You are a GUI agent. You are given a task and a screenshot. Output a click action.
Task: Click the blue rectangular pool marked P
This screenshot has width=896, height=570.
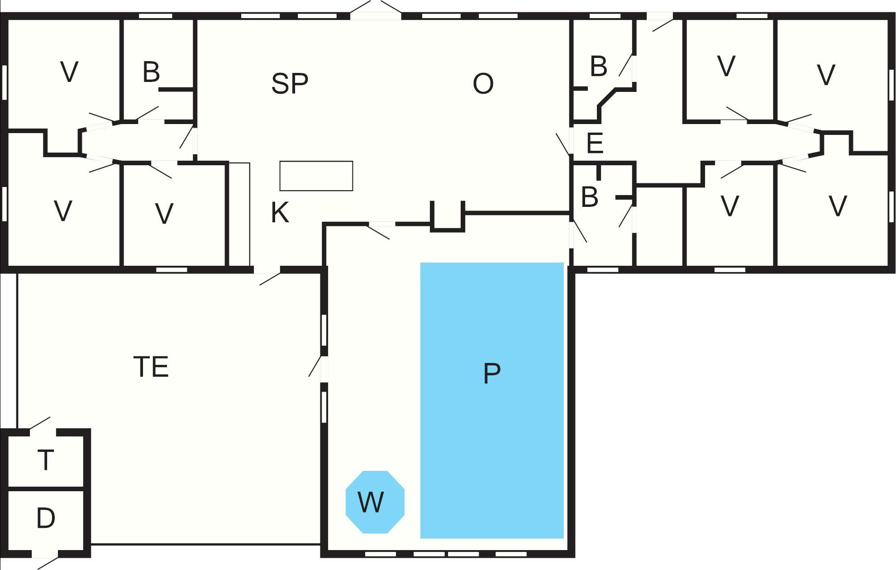(492, 400)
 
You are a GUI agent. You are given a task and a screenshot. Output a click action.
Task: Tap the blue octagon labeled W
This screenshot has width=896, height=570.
(375, 502)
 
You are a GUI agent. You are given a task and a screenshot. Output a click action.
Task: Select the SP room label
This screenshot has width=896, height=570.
(290, 83)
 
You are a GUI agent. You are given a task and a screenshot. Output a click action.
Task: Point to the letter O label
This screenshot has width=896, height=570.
(483, 84)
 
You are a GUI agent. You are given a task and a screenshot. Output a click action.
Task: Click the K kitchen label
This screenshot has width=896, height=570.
(280, 212)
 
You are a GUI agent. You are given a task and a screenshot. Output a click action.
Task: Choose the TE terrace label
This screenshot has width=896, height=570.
(151, 367)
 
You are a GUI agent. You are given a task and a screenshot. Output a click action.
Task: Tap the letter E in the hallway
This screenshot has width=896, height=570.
(595, 143)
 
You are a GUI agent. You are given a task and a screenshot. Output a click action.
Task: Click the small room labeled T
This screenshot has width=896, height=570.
(45, 460)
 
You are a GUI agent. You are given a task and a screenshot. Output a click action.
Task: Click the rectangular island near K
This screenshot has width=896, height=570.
(316, 176)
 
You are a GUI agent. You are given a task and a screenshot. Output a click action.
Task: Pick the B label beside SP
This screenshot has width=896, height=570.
(151, 72)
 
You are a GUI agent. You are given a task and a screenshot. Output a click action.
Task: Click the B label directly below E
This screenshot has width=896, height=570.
(589, 197)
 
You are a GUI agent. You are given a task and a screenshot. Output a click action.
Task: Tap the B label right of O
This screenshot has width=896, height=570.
(598, 66)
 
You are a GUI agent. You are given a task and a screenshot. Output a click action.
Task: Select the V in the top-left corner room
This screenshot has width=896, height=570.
(69, 72)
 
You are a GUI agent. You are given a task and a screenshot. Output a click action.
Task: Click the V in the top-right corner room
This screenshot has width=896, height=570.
(826, 75)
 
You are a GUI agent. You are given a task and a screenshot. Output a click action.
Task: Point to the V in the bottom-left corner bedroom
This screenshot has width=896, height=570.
(63, 211)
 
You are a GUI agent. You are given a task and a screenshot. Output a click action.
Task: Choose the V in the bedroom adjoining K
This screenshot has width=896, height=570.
(164, 214)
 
